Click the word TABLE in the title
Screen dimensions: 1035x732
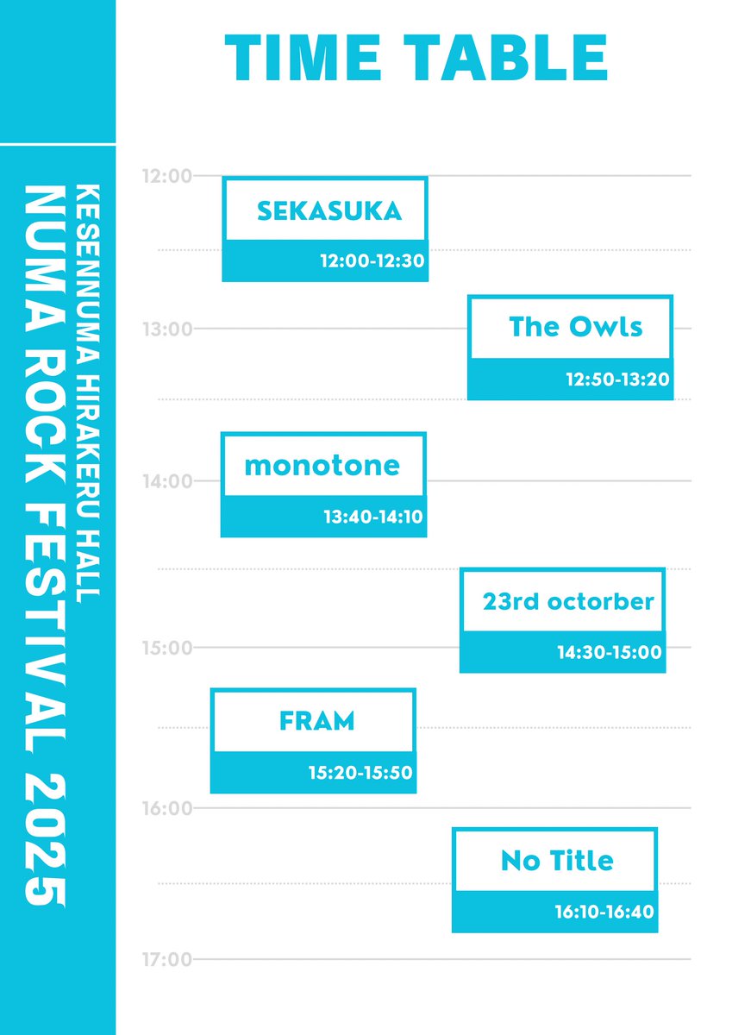tap(510, 58)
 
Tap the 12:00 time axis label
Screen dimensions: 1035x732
tap(166, 177)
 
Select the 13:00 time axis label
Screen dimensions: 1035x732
tap(166, 329)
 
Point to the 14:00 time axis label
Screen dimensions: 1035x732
tap(166, 481)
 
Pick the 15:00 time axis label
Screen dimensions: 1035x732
tap(166, 648)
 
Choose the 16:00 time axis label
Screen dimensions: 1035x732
tap(166, 809)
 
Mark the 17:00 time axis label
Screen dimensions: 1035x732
tap(166, 959)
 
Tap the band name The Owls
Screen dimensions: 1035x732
tap(576, 327)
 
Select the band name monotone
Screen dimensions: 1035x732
tap(322, 466)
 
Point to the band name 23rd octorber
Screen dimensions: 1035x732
tap(568, 601)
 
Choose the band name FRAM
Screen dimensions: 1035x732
tap(317, 721)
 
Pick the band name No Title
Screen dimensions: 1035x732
tap(557, 860)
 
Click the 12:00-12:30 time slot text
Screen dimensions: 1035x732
tap(372, 260)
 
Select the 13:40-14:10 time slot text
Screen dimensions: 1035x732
tap(372, 517)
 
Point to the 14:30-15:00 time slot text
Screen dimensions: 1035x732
tap(610, 652)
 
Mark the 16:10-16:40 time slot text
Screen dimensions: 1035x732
tap(604, 912)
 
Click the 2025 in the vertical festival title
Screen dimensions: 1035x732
tap(44, 839)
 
